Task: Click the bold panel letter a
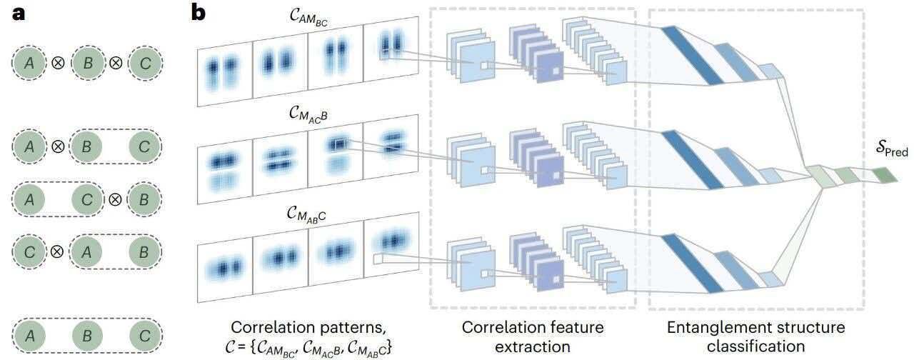click(x=19, y=14)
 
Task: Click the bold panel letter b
click(x=199, y=12)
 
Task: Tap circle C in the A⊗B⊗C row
click(x=145, y=63)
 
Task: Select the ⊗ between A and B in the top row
click(x=58, y=63)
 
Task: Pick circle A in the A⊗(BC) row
click(x=29, y=146)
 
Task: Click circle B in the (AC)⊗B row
click(x=144, y=199)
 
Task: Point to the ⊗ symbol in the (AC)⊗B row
click(x=115, y=199)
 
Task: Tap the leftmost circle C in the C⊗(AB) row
click(x=29, y=252)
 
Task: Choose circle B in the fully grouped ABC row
click(x=87, y=336)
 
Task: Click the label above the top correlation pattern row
click(x=308, y=18)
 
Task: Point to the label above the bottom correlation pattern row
click(x=306, y=214)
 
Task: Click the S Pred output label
click(x=892, y=149)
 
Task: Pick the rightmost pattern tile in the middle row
click(x=391, y=146)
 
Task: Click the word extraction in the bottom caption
click(x=533, y=346)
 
